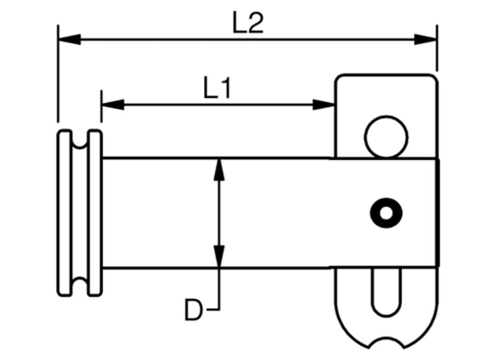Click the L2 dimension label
click(248, 23)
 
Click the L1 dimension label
click(217, 87)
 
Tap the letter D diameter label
click(193, 309)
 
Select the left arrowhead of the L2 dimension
click(69, 39)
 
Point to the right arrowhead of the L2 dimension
click(425, 39)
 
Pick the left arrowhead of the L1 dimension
click(113, 104)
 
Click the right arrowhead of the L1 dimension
click(324, 104)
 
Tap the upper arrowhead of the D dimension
click(219, 170)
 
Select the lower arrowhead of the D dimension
click(219, 256)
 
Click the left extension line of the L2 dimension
click(58, 73)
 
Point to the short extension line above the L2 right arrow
click(438, 48)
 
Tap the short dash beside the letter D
click(213, 309)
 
